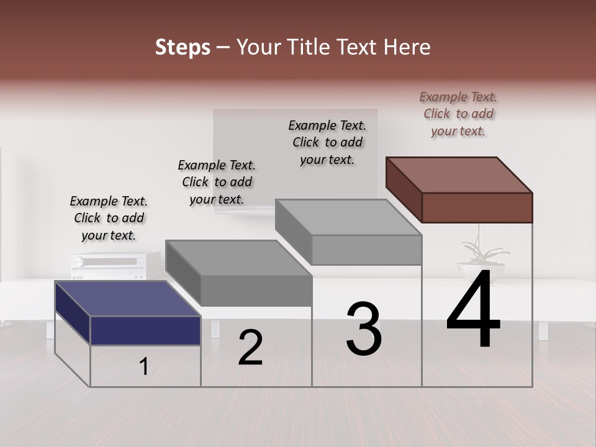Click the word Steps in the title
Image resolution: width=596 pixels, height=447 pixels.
(x=183, y=47)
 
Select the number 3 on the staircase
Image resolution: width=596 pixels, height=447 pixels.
(x=364, y=329)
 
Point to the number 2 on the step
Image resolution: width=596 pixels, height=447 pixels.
(x=251, y=348)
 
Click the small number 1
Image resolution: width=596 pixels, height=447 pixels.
(x=144, y=367)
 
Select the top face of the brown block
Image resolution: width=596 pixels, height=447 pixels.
(x=459, y=174)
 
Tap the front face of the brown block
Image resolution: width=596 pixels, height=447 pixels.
(x=477, y=207)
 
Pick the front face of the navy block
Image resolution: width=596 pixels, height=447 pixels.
(x=145, y=330)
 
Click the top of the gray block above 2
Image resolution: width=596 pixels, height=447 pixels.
(x=238, y=257)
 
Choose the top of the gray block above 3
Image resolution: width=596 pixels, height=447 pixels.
(x=348, y=217)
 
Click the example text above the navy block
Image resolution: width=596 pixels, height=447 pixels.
(x=109, y=218)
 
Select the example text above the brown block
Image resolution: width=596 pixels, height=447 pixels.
(x=458, y=114)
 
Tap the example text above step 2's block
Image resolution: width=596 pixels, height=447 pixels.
(x=217, y=182)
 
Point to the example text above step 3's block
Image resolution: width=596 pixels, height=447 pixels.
(x=327, y=142)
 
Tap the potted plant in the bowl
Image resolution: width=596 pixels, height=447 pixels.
(x=482, y=261)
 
